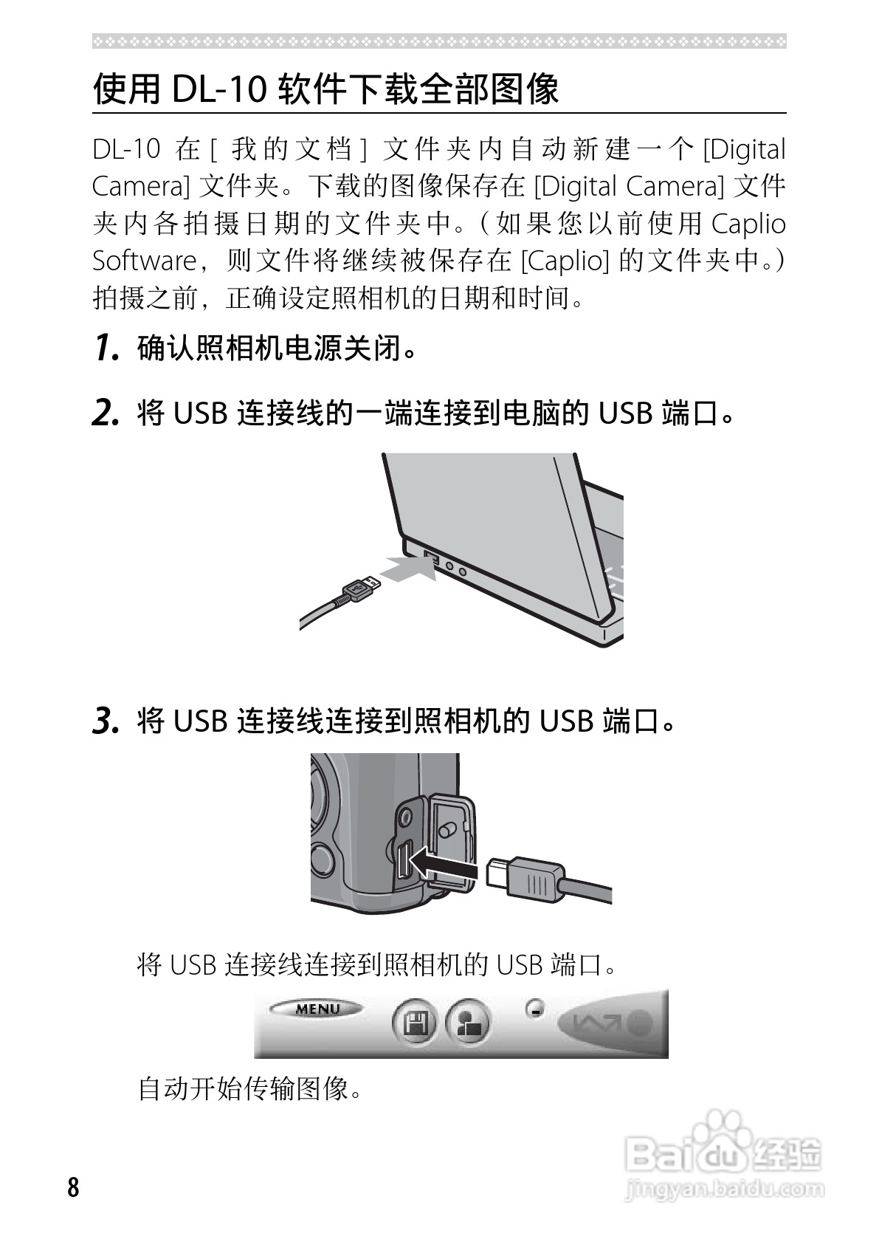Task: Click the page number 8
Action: (72, 1187)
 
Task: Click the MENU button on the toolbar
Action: (317, 1009)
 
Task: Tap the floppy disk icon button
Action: (413, 1024)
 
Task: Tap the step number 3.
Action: (106, 721)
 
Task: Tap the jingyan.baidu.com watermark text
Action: (723, 1190)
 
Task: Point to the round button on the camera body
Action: (323, 859)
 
